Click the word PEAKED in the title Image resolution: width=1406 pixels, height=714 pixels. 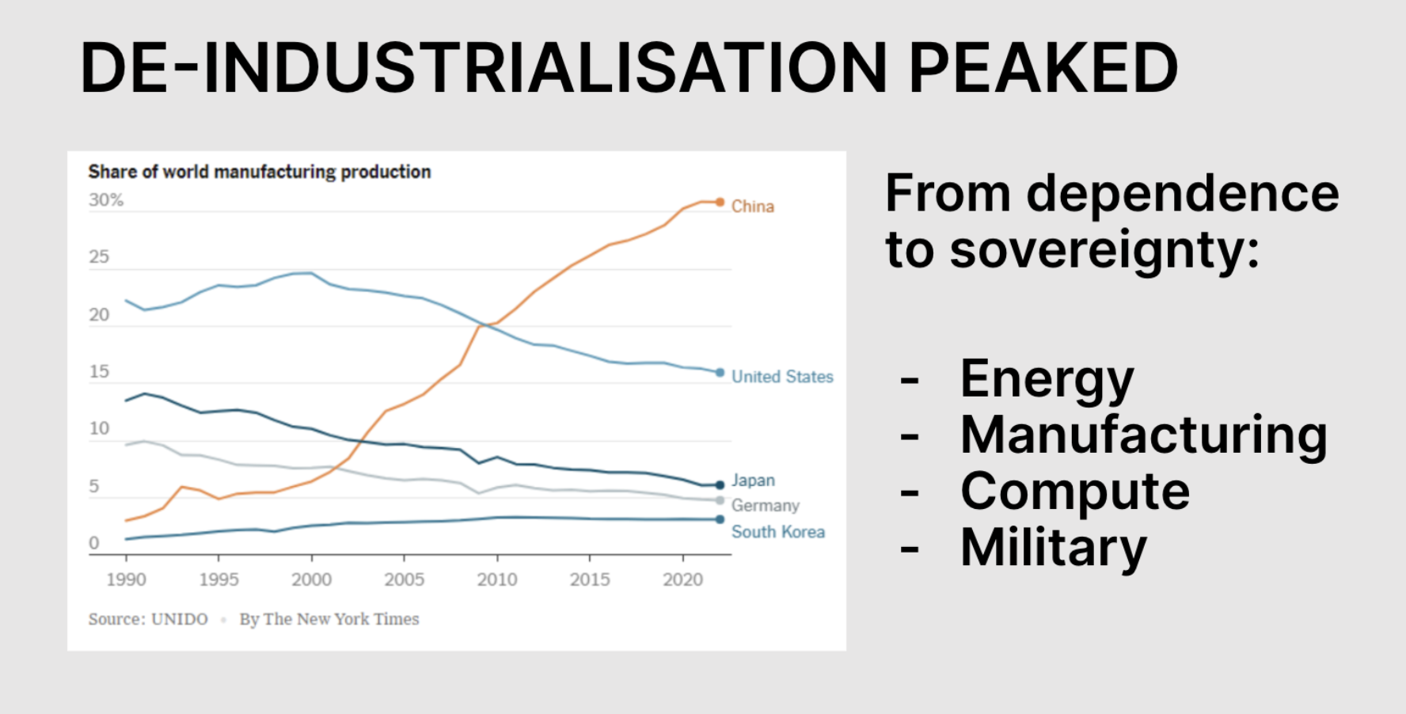click(x=1043, y=68)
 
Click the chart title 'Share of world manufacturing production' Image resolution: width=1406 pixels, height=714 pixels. click(x=260, y=172)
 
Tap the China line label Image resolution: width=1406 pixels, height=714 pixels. click(x=753, y=207)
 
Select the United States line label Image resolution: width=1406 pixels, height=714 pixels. click(x=782, y=377)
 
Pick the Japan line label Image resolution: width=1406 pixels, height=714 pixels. click(x=753, y=480)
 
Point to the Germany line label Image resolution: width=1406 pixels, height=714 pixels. click(x=766, y=506)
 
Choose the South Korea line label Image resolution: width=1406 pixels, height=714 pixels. click(x=778, y=532)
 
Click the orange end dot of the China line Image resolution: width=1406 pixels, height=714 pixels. click(x=720, y=203)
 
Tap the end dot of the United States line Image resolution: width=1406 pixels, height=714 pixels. click(x=720, y=373)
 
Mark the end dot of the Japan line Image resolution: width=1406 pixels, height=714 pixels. click(x=720, y=485)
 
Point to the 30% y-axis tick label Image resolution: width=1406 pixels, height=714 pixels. click(x=106, y=200)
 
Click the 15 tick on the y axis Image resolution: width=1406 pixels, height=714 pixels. click(x=99, y=372)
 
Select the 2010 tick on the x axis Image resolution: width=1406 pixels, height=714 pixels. click(x=497, y=580)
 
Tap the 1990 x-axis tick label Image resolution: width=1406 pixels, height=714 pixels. click(x=127, y=580)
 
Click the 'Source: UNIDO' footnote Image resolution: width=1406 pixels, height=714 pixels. click(x=148, y=619)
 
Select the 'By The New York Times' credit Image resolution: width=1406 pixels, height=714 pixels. click(x=329, y=619)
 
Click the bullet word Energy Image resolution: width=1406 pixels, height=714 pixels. click(x=1047, y=380)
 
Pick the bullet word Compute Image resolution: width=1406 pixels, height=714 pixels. click(x=1075, y=492)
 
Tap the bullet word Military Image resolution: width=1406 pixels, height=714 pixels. click(x=1054, y=548)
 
